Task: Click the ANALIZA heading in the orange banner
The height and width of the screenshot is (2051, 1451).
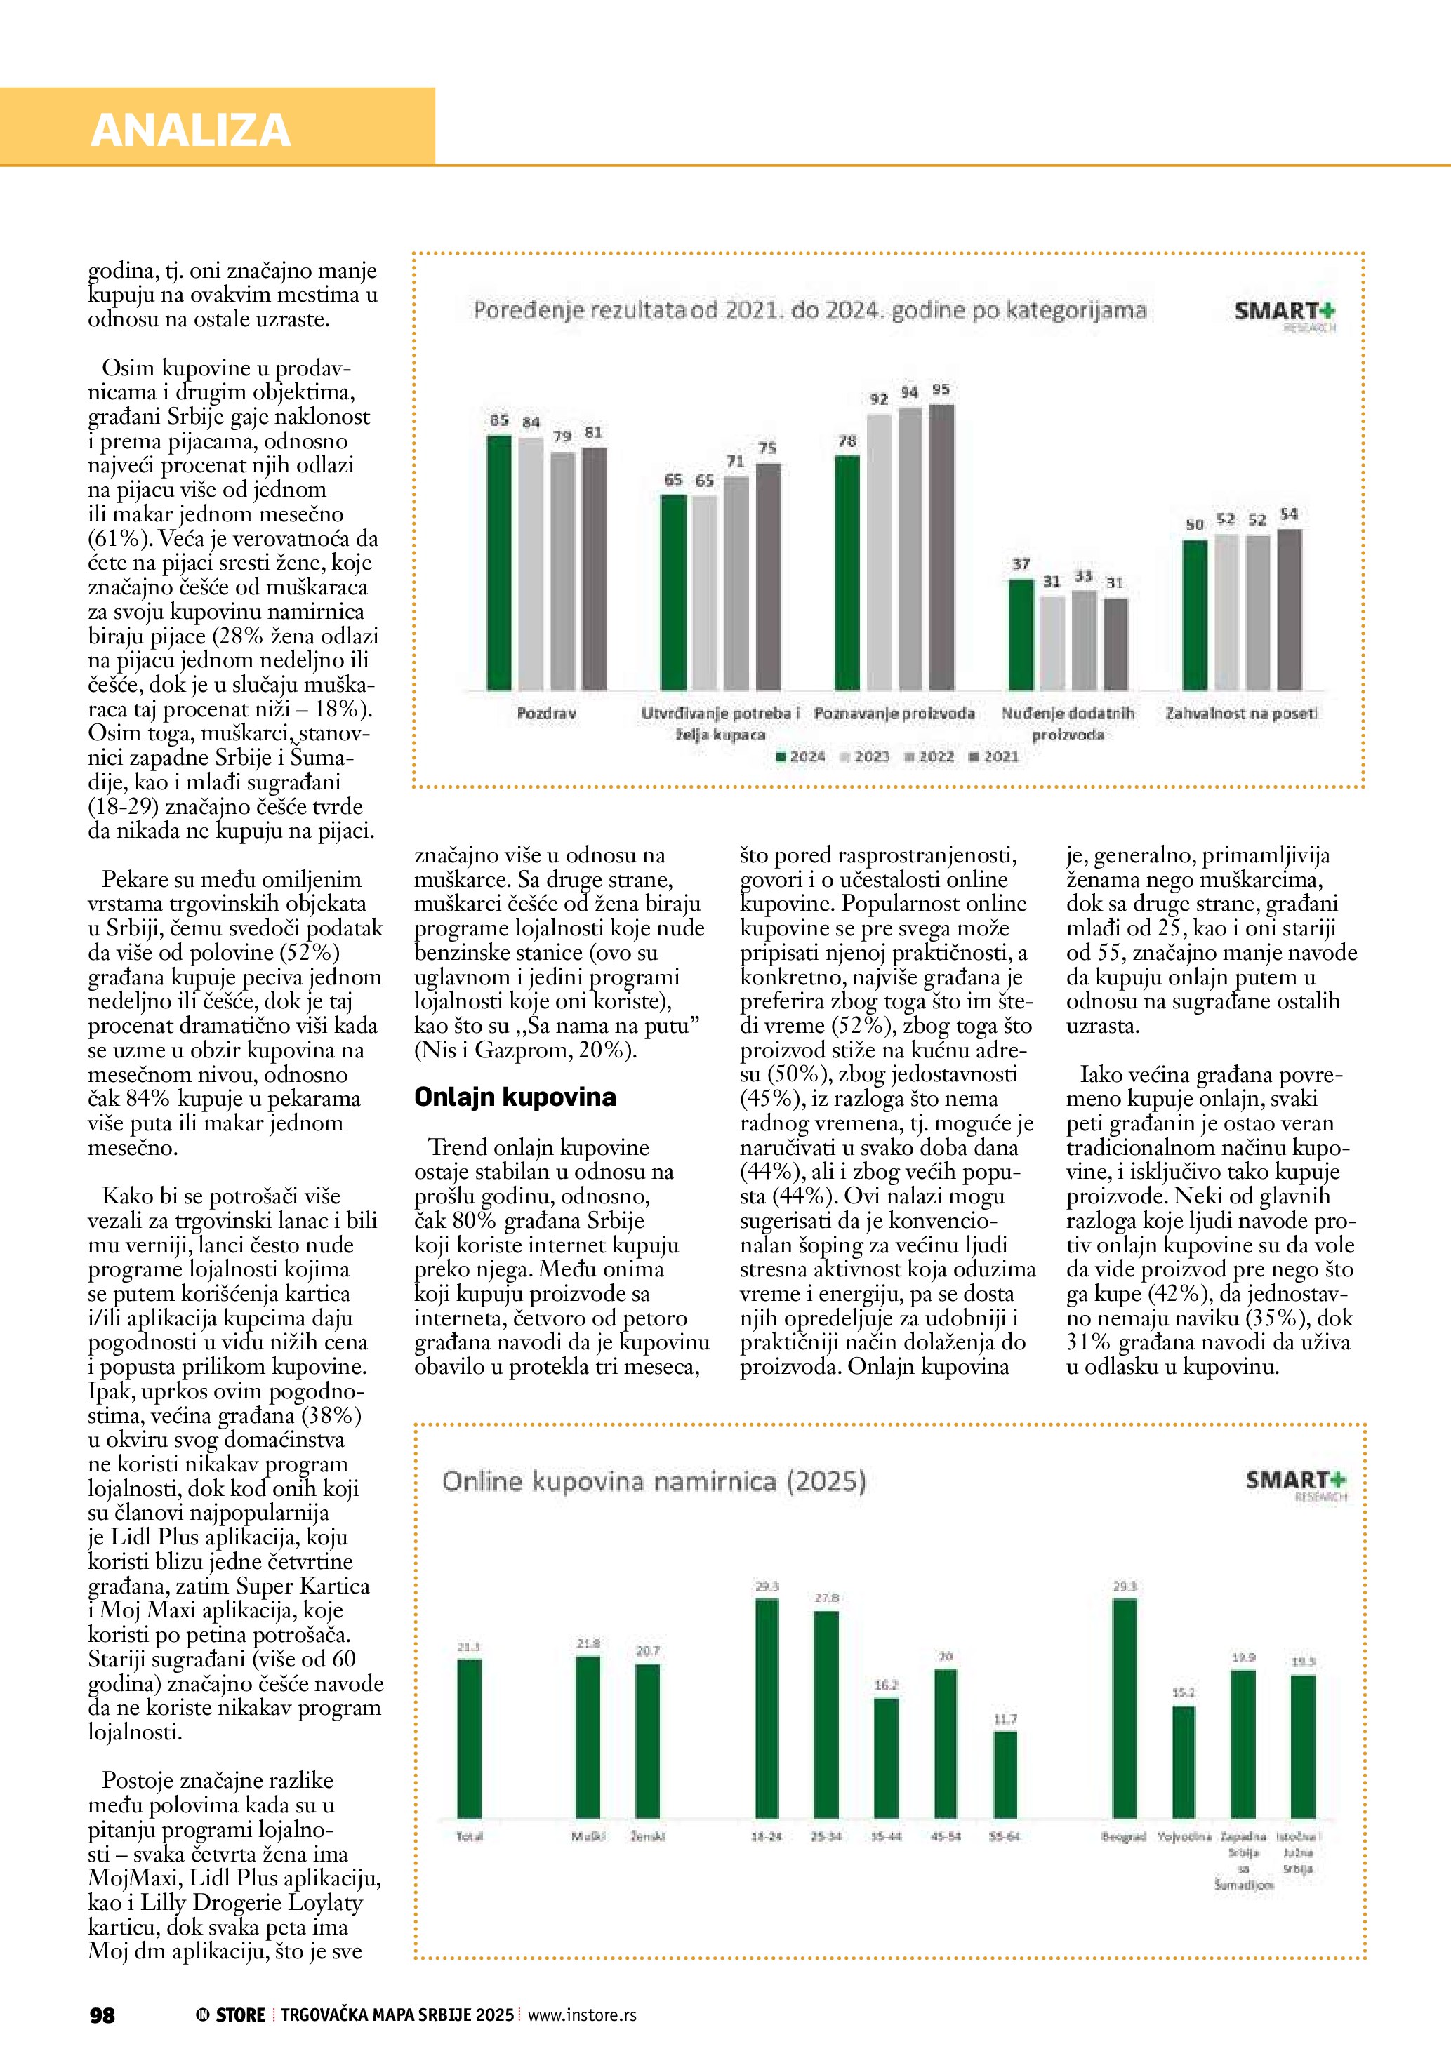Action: click(190, 131)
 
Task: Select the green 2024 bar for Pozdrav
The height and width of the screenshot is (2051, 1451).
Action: click(499, 563)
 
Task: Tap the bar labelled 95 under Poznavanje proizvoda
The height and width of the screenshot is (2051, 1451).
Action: click(942, 547)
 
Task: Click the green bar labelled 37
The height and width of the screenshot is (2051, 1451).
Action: click(1021, 634)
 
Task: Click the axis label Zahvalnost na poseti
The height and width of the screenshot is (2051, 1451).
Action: click(1241, 714)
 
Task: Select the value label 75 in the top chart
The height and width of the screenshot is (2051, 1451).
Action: click(767, 448)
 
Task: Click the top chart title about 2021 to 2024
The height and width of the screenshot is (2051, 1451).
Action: click(809, 311)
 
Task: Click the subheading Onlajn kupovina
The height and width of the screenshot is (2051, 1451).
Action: click(515, 1097)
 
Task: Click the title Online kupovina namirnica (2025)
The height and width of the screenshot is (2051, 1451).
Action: click(654, 1482)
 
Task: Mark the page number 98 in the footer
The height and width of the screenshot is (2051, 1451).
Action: click(102, 2015)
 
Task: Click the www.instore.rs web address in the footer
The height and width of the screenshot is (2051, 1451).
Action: click(582, 2015)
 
